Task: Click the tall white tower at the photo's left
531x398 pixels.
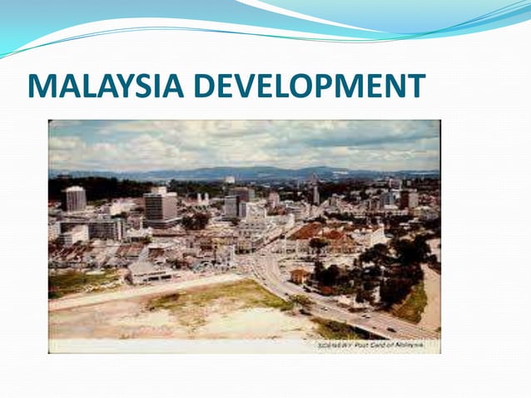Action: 76,198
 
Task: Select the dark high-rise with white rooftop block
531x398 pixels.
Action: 160,204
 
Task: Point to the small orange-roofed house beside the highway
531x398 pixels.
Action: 300,275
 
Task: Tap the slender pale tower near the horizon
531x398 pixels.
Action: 316,194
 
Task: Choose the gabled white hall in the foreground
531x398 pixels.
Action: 150,271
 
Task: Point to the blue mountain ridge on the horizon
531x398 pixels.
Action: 250,172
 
